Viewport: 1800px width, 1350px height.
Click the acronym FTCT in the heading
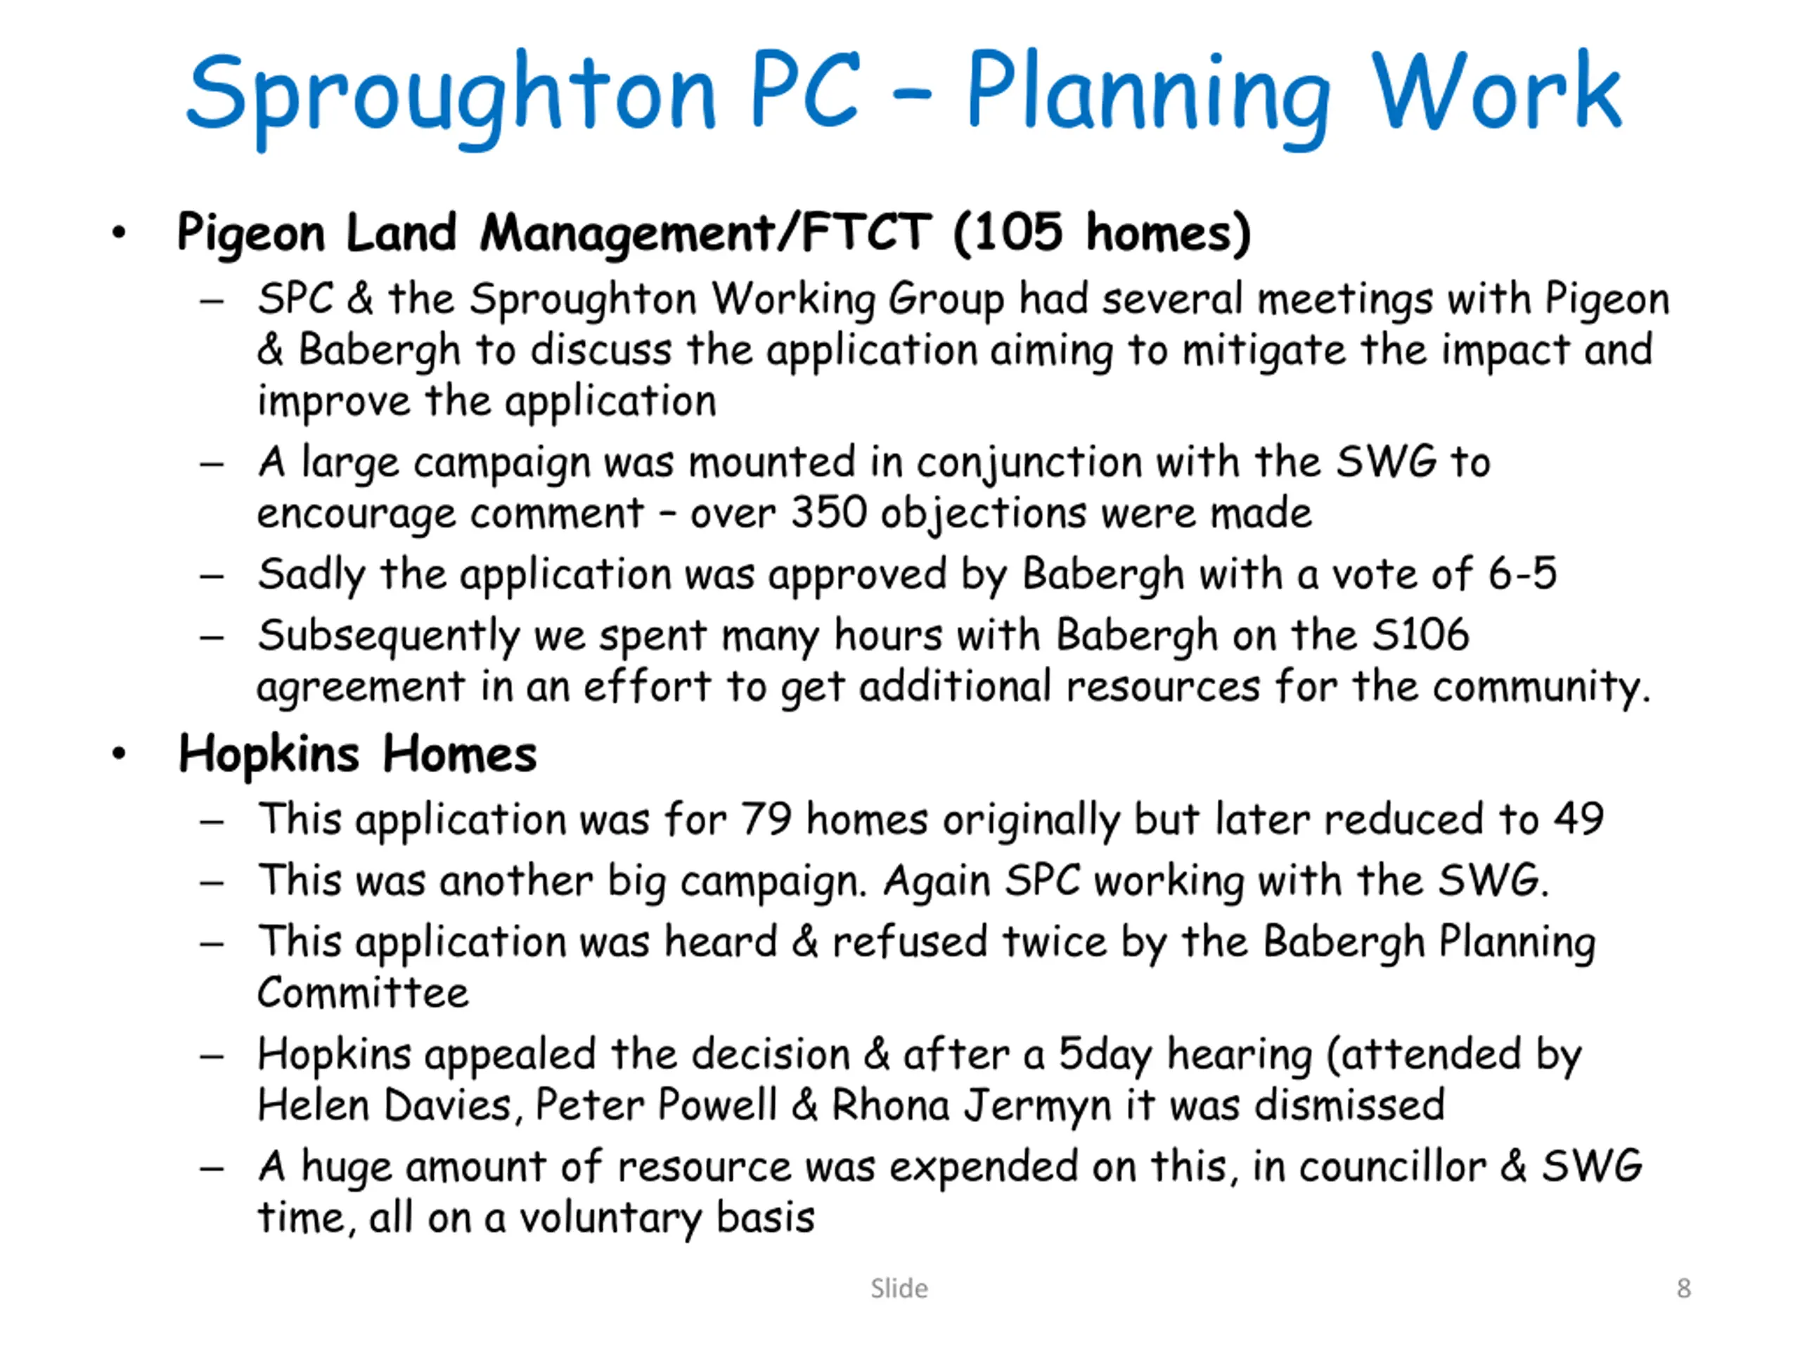point(867,232)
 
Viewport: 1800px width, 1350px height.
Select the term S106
point(1421,634)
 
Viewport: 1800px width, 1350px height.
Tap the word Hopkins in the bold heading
point(269,754)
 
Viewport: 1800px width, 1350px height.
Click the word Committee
point(363,992)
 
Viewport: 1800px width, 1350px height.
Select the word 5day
point(1104,1055)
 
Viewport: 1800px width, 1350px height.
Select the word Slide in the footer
point(899,1288)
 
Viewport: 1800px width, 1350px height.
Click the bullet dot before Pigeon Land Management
point(120,233)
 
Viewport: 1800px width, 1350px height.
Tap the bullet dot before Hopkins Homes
point(120,754)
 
